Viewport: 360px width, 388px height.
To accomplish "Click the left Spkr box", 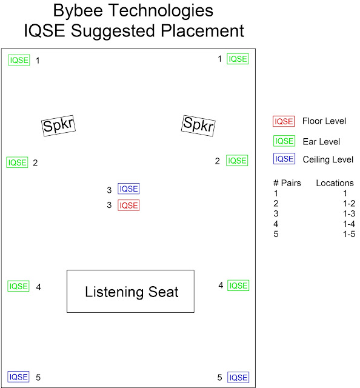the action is pyautogui.click(x=58, y=125).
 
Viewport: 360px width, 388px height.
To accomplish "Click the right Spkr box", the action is pyautogui.click(x=198, y=125).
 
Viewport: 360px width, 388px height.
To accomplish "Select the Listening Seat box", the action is pyautogui.click(x=130, y=291).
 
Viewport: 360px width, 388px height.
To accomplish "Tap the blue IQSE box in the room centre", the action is pyautogui.click(x=128, y=189).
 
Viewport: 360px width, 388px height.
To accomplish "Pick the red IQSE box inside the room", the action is pyautogui.click(x=128, y=206).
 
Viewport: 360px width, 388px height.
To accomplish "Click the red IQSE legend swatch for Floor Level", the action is pyautogui.click(x=284, y=121).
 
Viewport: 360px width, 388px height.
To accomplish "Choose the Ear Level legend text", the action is pyautogui.click(x=321, y=142).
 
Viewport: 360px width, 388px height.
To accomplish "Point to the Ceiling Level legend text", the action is pyautogui.click(x=328, y=159).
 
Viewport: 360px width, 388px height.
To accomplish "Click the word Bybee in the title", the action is pyautogui.click(x=78, y=11).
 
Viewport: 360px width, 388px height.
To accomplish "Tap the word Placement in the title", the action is pyautogui.click(x=202, y=31).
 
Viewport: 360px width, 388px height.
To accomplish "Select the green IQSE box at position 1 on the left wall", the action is pyautogui.click(x=19, y=60).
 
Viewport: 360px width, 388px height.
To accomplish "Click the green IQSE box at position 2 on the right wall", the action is pyautogui.click(x=237, y=161).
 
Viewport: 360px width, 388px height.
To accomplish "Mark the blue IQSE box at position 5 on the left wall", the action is pyautogui.click(x=18, y=377).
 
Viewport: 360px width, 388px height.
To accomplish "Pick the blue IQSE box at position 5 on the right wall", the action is pyautogui.click(x=238, y=378).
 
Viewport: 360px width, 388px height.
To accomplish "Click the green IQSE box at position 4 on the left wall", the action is pyautogui.click(x=18, y=286).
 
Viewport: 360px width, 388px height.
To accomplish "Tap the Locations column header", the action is pyautogui.click(x=335, y=183).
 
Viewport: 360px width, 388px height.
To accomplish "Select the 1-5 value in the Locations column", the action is pyautogui.click(x=349, y=234).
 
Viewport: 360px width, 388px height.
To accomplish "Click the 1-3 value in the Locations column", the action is pyautogui.click(x=349, y=213).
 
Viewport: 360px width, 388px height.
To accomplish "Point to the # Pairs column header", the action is pyautogui.click(x=287, y=183).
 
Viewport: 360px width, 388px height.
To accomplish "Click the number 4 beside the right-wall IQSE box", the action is pyautogui.click(x=221, y=286).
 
